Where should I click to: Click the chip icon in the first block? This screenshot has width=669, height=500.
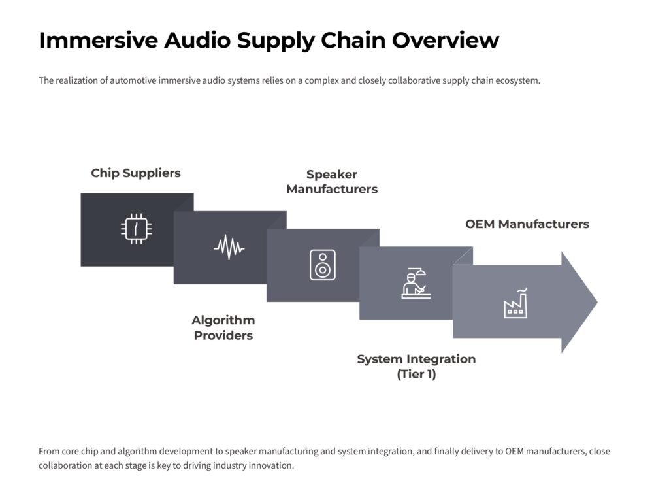[137, 229]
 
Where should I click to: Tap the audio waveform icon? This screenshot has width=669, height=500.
[229, 247]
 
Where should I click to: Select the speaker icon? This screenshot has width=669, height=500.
[322, 265]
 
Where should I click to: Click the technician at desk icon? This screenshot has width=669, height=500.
[416, 283]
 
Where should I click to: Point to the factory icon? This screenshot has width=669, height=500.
[515, 303]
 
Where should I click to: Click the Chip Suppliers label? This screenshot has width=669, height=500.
[136, 173]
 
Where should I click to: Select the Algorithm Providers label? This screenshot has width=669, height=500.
[223, 328]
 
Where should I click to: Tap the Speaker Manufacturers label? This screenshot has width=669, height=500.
[332, 182]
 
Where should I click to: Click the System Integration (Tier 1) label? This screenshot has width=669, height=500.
[416, 367]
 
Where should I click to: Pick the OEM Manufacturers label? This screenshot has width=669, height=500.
[527, 224]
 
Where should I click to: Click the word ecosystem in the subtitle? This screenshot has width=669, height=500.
[517, 81]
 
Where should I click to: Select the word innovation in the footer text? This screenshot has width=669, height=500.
[271, 465]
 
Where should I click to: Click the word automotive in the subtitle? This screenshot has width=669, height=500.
[133, 81]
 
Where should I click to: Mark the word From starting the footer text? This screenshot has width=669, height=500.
[49, 451]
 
